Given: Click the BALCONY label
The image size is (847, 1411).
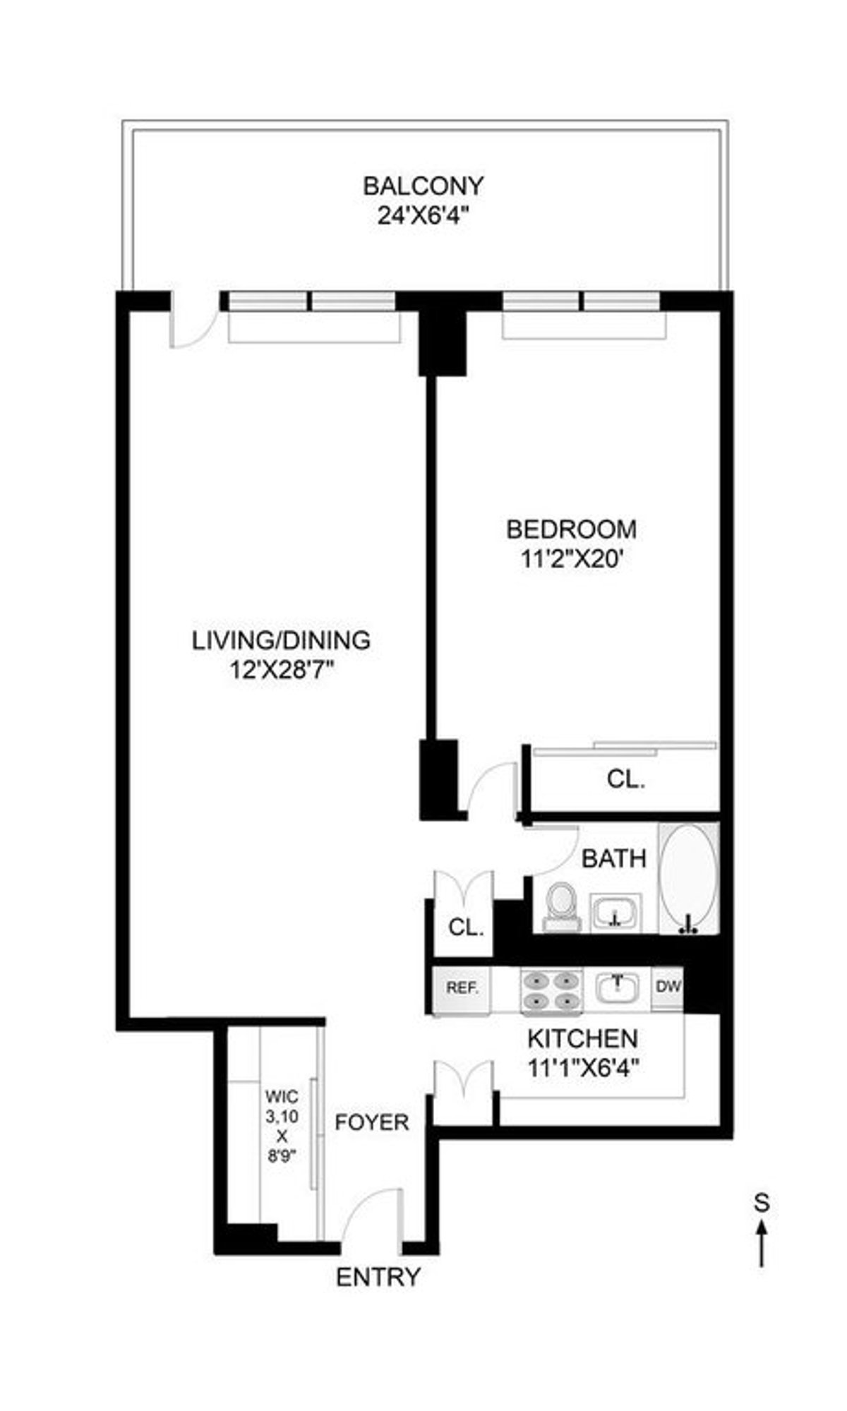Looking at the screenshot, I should point(423,186).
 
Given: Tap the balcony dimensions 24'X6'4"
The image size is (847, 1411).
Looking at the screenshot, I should point(423,216).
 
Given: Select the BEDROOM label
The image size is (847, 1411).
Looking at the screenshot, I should point(571,529).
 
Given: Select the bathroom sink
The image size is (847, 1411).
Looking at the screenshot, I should point(615,913).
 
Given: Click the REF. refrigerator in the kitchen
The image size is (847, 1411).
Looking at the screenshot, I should point(462,987).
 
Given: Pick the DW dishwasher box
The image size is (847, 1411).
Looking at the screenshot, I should point(668,987).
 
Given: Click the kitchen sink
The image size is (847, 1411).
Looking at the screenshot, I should point(617,988).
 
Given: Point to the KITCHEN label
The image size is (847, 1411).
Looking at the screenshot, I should point(582,1038).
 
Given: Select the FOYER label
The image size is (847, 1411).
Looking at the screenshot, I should point(372,1122).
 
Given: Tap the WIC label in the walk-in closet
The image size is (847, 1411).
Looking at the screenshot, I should point(282,1096).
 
